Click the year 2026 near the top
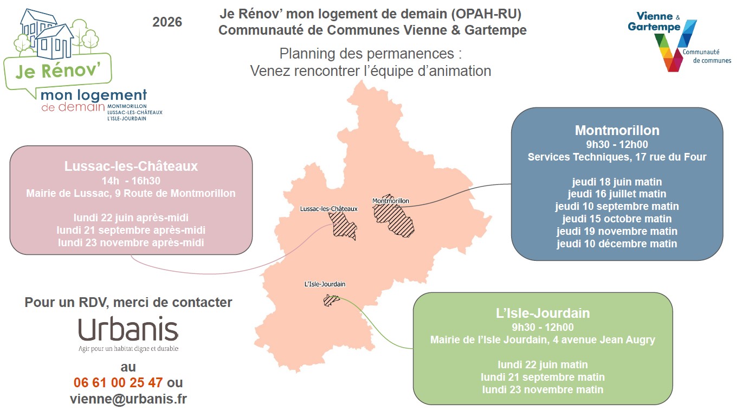[x=167, y=22]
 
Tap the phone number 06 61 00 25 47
[x=118, y=382]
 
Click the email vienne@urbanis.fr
[x=128, y=399]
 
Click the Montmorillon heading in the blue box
[x=617, y=130]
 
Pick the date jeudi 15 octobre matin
[x=617, y=219]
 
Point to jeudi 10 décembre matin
[x=617, y=244]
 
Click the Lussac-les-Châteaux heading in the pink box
[x=131, y=166]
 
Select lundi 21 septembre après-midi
[x=131, y=230]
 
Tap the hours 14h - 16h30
[x=131, y=181]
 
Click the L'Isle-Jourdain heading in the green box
[x=543, y=313]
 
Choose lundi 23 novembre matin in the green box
[x=543, y=389]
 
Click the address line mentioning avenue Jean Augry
[x=543, y=340]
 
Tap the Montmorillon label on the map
[x=391, y=201]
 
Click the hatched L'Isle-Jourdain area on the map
[x=331, y=300]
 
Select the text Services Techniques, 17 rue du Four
[x=617, y=157]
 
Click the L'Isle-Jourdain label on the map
[x=325, y=284]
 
